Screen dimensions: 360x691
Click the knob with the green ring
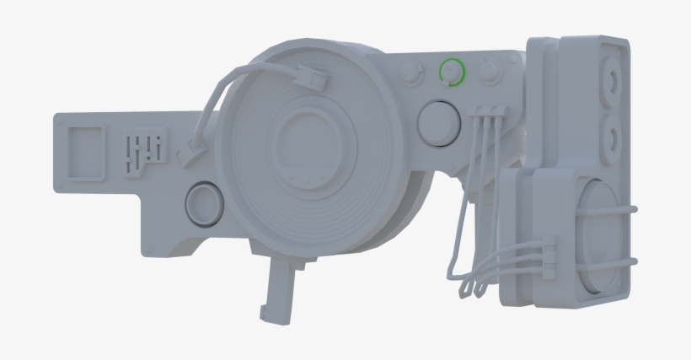click(x=453, y=73)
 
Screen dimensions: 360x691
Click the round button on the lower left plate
click(x=204, y=203)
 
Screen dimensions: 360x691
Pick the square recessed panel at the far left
click(x=85, y=153)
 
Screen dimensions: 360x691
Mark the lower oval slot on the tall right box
click(x=610, y=134)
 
